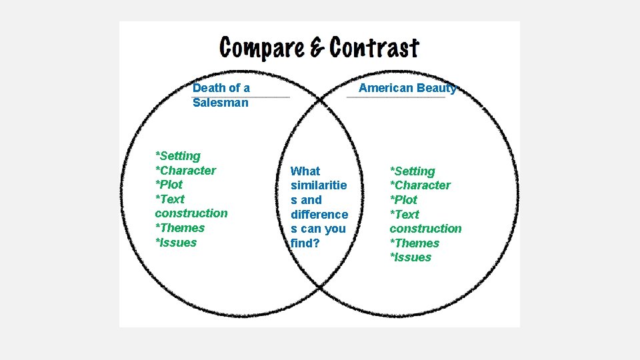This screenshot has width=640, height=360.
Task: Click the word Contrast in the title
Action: pyautogui.click(x=374, y=48)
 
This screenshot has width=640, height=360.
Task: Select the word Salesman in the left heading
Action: pyautogui.click(x=220, y=103)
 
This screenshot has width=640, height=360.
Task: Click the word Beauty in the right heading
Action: pyautogui.click(x=436, y=88)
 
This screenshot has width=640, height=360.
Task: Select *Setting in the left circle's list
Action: pyautogui.click(x=177, y=156)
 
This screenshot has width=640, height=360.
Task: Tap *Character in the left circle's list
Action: pyautogui.click(x=185, y=171)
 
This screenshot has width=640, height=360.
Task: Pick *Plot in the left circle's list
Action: pyautogui.click(x=169, y=185)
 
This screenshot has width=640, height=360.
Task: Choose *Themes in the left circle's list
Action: pyautogui.click(x=180, y=228)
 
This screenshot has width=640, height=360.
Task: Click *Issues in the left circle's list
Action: pyautogui.click(x=176, y=243)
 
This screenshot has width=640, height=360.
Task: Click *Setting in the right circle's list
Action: pyautogui.click(x=412, y=171)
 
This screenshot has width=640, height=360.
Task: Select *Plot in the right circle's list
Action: pyautogui.click(x=403, y=200)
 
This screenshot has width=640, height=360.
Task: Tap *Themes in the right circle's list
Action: pyautogui.click(x=415, y=243)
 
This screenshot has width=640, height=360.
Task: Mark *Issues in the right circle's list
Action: pyautogui.click(x=411, y=257)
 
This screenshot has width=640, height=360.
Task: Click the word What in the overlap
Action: pyautogui.click(x=305, y=171)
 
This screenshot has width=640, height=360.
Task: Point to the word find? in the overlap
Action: pyautogui.click(x=305, y=243)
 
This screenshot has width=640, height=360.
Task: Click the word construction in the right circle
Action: pyautogui.click(x=425, y=229)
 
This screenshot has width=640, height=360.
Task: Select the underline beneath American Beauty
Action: pyautogui.click(x=396, y=97)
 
